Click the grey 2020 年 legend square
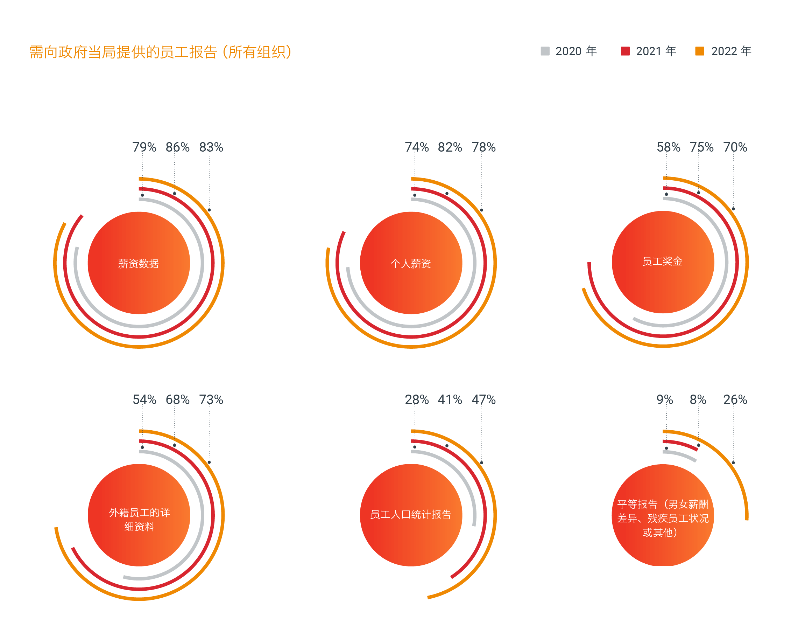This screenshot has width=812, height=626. (545, 51)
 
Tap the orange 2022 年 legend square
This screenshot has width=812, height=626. (699, 51)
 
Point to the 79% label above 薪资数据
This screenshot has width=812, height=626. (144, 147)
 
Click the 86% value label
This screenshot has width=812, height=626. (178, 147)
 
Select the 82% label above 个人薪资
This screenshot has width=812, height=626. (450, 147)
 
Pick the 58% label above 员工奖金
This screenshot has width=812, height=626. (669, 147)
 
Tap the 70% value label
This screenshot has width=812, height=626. (735, 147)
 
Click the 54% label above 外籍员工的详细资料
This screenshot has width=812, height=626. (144, 399)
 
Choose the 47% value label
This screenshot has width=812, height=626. (483, 399)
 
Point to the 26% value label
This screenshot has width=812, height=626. (735, 399)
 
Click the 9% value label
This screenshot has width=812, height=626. (665, 399)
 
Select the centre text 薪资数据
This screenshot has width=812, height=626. (138, 264)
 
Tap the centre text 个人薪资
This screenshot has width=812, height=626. (411, 264)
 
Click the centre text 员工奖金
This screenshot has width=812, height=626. (663, 261)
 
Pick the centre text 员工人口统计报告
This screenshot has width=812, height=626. (411, 514)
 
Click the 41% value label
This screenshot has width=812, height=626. (450, 399)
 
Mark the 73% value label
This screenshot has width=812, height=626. (211, 399)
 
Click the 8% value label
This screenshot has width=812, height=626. (698, 399)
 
